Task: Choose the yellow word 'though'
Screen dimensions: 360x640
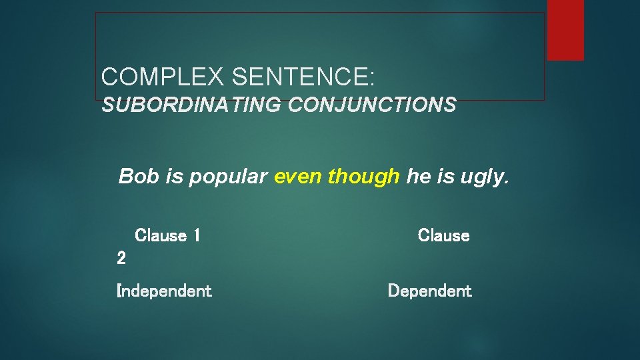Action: pyautogui.click(x=363, y=177)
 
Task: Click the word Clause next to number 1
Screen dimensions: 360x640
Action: pyautogui.click(x=161, y=235)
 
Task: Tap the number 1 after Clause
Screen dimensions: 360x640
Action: pyautogui.click(x=196, y=235)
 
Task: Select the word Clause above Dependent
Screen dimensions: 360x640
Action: pyautogui.click(x=443, y=235)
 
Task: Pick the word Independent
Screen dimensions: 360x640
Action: pyautogui.click(x=164, y=291)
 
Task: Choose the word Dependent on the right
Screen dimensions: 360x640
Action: pyautogui.click(x=429, y=291)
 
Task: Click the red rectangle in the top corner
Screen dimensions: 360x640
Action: pyautogui.click(x=565, y=30)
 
